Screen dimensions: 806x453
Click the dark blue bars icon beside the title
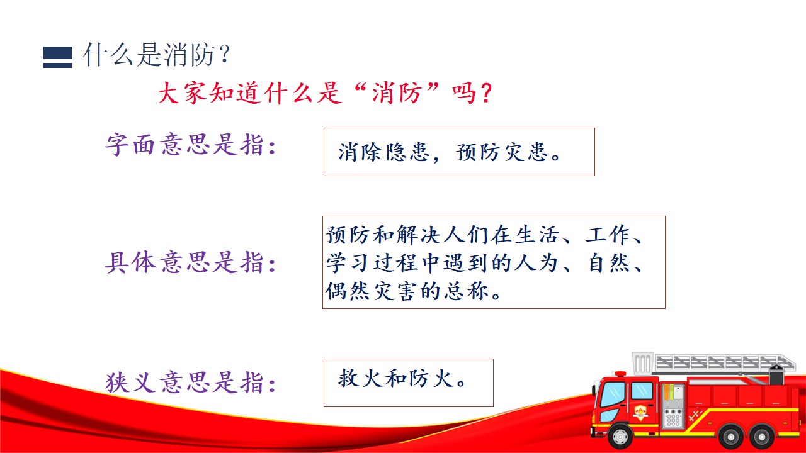point(57,57)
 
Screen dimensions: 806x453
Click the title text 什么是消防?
point(157,55)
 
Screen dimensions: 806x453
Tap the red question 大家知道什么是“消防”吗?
point(325,93)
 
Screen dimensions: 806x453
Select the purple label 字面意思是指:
point(191,145)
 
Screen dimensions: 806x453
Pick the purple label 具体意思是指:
point(191,262)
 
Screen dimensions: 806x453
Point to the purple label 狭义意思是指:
point(191,382)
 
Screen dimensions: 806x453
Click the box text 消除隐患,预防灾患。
point(450,152)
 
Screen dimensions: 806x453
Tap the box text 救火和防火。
point(402,379)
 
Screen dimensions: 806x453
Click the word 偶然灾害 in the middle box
point(372,291)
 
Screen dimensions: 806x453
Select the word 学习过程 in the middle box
point(372,262)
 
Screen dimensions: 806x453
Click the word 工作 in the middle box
point(608,235)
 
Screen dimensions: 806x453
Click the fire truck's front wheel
point(620,436)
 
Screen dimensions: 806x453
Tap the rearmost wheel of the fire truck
point(762,437)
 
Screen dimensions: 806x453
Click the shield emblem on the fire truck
point(640,412)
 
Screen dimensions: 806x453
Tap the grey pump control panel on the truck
point(673,406)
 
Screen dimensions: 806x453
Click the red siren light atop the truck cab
point(620,374)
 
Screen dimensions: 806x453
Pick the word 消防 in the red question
point(397,93)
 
